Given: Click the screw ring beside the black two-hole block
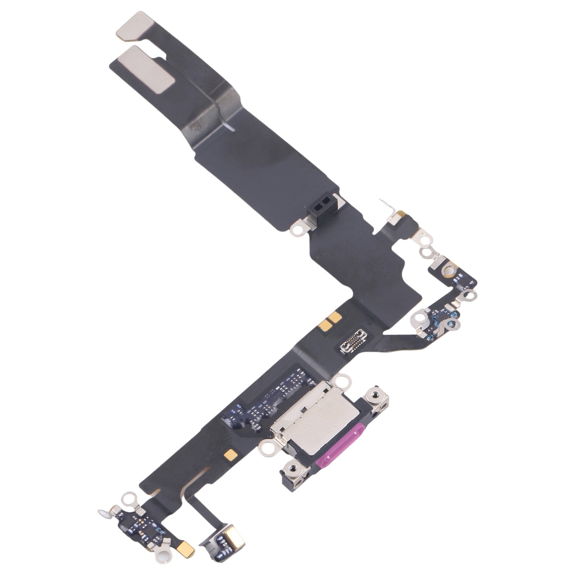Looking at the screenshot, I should click(x=296, y=230).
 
